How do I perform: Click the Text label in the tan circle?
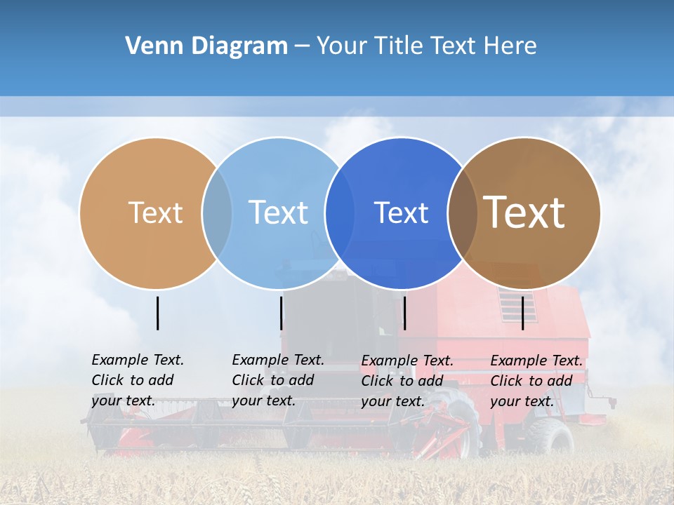155,213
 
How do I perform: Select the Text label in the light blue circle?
278,213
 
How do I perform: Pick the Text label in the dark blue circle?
401,213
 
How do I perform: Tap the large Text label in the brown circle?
524,213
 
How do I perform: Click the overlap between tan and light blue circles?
217,213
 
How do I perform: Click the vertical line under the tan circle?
157,313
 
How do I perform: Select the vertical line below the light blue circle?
281,313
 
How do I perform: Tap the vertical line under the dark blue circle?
404,313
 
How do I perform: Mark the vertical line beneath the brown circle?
522,313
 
